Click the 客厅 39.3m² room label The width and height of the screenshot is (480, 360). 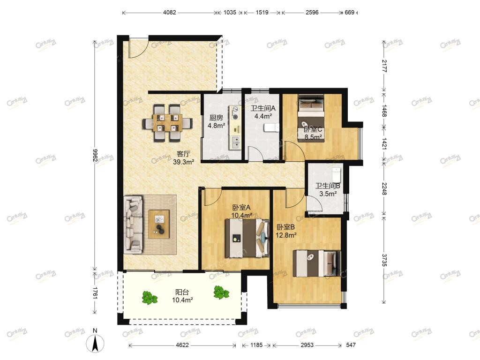183,158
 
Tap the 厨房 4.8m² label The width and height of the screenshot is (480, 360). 217,121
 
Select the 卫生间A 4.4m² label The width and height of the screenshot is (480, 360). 263,112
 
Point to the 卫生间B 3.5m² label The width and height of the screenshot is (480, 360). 328,190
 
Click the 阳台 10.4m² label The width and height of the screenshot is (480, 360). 182,296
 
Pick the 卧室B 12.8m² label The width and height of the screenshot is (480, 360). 286,231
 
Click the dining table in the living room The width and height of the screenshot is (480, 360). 167,123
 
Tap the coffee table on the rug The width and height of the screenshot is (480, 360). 159,224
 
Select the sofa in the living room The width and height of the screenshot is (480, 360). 133,225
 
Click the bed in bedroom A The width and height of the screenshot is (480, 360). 247,238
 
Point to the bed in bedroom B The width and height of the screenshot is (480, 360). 317,263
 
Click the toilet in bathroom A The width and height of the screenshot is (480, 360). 272,127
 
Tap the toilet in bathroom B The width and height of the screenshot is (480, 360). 336,174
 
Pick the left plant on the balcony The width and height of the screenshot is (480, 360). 150,298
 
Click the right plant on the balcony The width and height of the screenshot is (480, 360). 221,292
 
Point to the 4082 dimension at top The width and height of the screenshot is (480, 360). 170,13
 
